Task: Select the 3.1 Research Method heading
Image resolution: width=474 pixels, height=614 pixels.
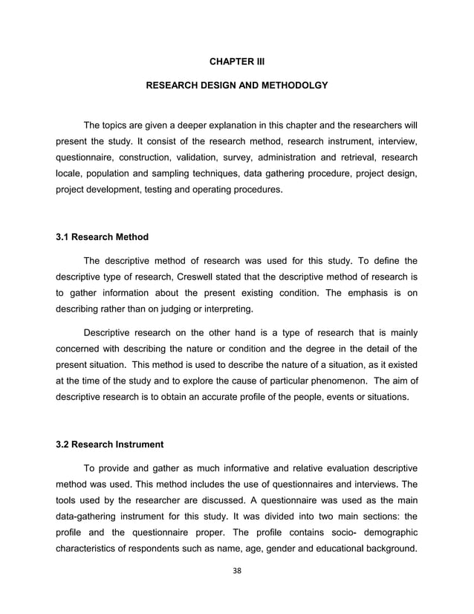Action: coord(103,237)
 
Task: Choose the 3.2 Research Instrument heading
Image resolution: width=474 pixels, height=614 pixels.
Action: coord(110,445)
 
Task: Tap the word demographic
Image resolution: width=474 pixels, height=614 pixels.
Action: coord(386,531)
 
